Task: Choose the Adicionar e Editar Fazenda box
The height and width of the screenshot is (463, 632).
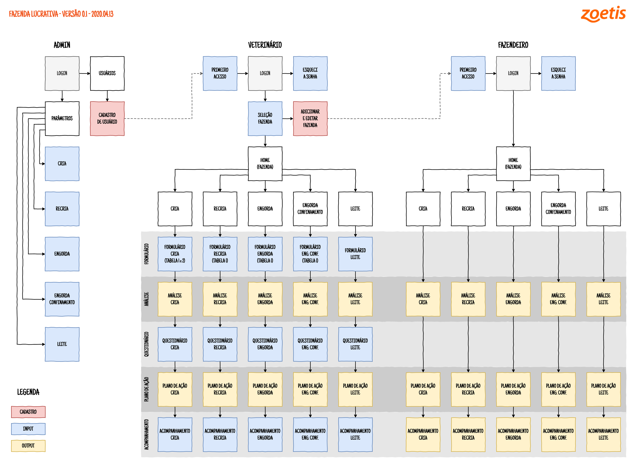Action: point(310,119)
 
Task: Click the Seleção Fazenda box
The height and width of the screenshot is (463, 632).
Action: point(265,119)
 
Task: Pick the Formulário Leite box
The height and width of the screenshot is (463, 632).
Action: point(355,254)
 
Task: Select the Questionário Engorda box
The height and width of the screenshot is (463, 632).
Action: point(265,344)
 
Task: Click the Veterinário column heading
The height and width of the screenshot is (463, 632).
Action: point(265,45)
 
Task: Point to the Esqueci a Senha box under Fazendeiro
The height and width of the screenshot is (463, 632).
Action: point(558,73)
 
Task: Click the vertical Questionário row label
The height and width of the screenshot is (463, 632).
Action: point(146,344)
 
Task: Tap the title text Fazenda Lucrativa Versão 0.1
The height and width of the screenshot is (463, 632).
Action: point(61,14)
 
